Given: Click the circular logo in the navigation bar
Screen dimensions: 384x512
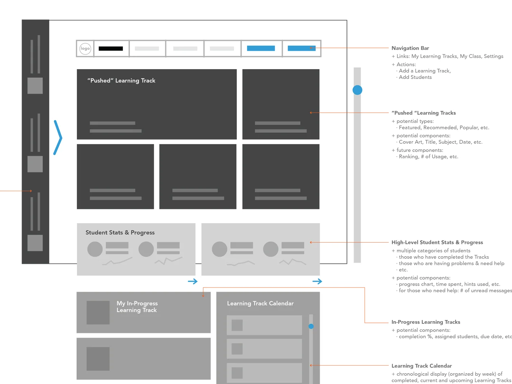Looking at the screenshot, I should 85,49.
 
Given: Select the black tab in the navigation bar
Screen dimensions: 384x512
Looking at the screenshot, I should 111,49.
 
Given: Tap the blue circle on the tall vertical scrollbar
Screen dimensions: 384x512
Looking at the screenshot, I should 357,90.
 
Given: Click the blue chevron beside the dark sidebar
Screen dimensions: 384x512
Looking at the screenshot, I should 58,137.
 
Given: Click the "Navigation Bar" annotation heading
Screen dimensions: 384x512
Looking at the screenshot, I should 410,48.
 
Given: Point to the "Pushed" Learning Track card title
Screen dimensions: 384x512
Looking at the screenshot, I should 121,81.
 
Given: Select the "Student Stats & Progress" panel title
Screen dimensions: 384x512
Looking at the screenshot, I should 120,232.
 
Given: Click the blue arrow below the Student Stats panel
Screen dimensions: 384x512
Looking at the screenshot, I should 193,281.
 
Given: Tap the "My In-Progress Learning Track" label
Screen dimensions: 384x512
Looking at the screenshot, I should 137,307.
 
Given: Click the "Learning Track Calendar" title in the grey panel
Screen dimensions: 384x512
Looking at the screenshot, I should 260,303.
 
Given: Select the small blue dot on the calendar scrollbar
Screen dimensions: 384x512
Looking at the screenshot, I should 311,326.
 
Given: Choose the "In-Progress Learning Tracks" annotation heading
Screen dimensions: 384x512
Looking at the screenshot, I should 426,322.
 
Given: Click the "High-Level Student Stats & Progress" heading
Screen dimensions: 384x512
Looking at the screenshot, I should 437,243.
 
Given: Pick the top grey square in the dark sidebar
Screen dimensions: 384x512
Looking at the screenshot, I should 35,86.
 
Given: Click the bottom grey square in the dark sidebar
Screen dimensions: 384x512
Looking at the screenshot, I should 35,243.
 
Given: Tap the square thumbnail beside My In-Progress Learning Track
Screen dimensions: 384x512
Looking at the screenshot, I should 98,313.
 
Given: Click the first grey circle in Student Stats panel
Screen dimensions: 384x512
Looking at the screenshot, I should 95,249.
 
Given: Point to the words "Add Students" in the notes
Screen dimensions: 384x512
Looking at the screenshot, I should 415,77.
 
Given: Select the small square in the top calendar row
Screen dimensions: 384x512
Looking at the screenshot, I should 237,325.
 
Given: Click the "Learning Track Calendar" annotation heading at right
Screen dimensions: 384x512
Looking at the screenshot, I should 422,366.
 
